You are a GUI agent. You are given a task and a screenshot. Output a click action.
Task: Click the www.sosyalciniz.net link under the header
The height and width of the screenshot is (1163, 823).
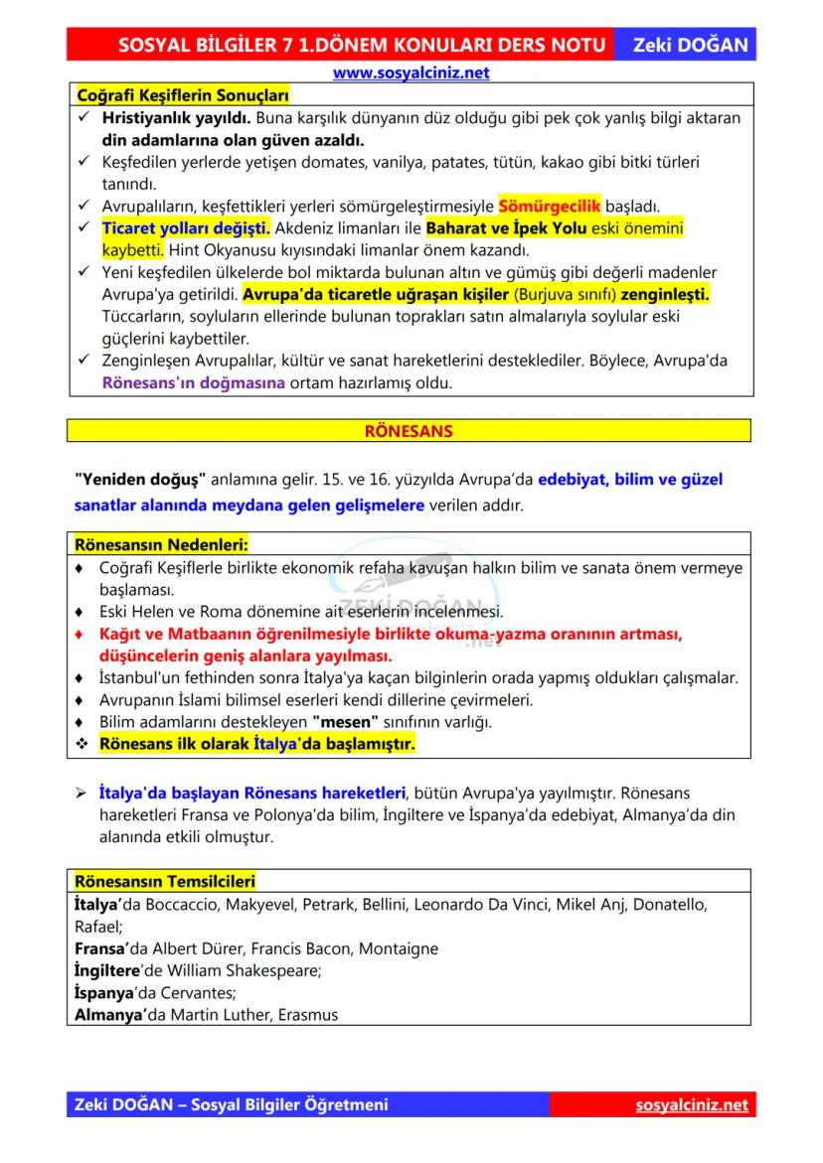(x=411, y=73)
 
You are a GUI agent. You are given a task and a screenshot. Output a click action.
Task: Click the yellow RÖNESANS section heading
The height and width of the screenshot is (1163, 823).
(x=409, y=431)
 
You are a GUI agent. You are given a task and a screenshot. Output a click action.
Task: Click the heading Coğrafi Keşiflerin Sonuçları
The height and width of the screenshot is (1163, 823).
(x=182, y=95)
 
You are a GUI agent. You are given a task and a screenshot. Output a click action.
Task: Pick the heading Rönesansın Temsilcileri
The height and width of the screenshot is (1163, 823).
(x=165, y=881)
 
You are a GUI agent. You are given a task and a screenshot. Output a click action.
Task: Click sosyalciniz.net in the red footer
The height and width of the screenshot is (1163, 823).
(x=691, y=1105)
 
